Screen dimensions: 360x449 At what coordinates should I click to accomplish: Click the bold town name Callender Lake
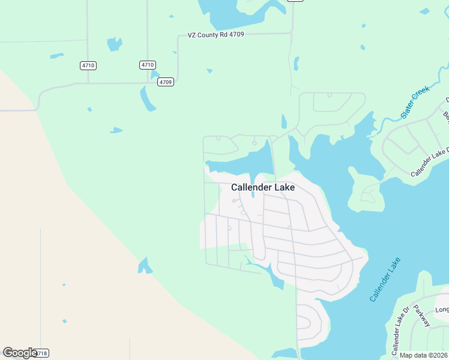pos(263,187)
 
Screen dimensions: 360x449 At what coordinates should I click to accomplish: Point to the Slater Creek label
pos(416,101)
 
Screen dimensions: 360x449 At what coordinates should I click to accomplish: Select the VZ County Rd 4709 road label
pos(215,35)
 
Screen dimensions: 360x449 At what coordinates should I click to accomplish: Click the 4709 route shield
pos(166,82)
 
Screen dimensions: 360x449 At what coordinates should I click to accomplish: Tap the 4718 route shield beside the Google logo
pos(41,353)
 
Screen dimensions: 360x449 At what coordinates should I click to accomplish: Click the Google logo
pos(19,353)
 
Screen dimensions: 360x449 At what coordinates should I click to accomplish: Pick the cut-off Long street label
pos(442,310)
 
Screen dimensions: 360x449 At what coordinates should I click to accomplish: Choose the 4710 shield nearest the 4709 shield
pos(148,65)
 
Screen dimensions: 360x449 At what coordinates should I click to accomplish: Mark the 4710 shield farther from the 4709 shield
pos(88,65)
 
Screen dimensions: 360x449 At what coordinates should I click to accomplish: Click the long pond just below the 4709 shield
pos(147,98)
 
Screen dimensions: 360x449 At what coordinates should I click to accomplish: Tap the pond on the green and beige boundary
pos(145,266)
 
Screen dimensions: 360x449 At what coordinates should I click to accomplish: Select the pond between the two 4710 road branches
pos(114,44)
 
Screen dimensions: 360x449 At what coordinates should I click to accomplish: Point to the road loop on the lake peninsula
pos(368,193)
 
